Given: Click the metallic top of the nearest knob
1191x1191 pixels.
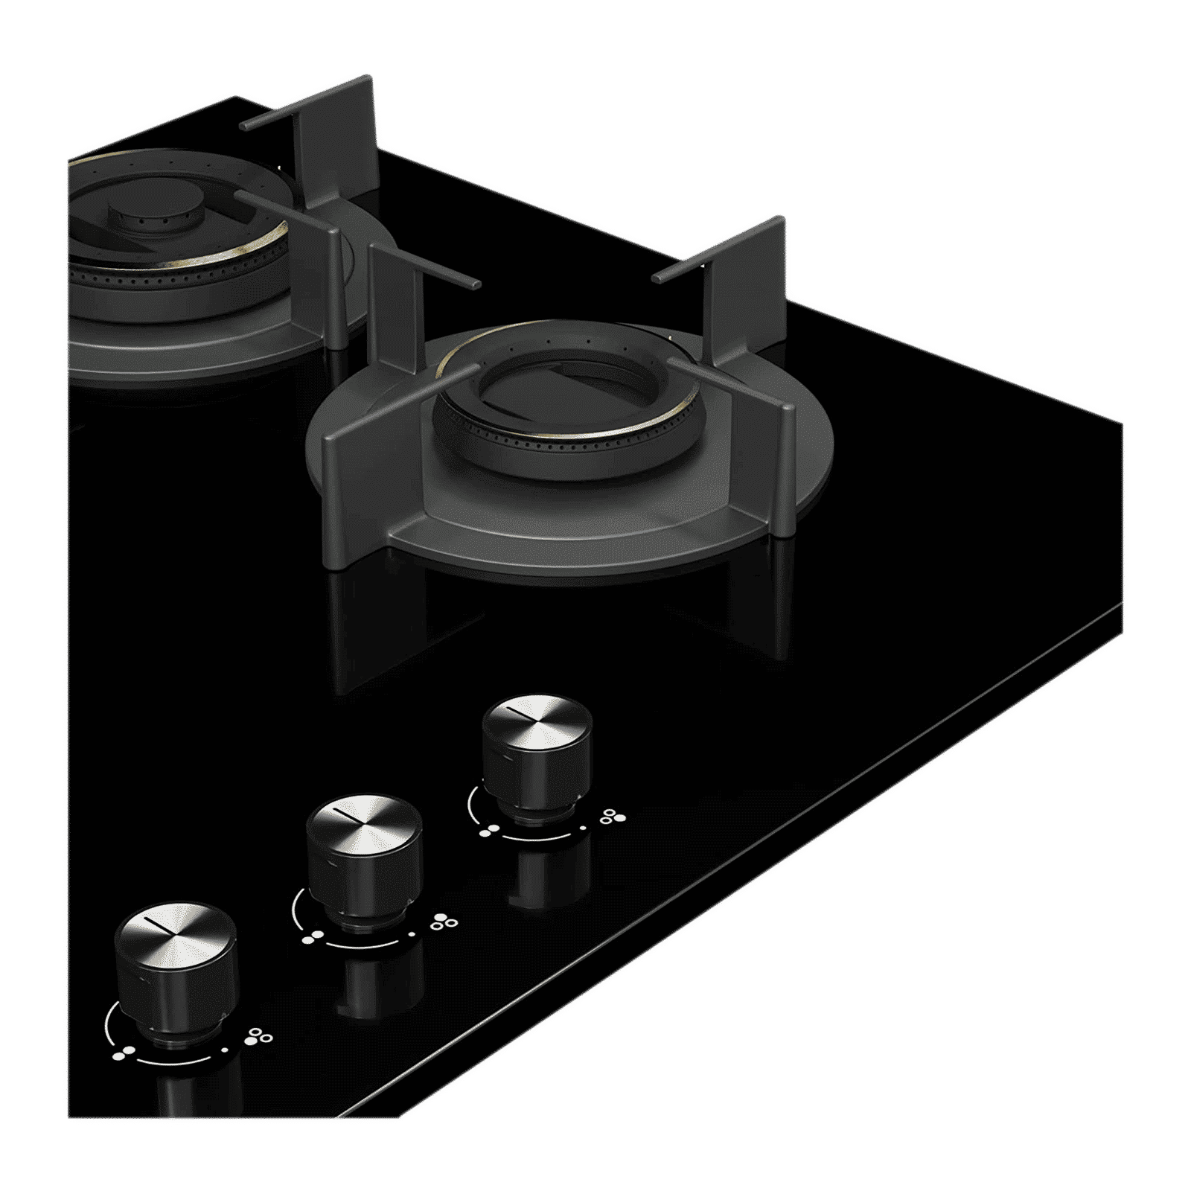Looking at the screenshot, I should pos(176,933).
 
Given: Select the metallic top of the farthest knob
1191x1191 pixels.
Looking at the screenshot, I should pos(537,723).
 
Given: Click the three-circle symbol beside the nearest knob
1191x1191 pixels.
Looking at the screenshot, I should pos(261,1036).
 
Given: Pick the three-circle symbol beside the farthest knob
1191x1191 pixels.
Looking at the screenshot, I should pos(613,817).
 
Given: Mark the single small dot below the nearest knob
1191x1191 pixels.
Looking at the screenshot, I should pos(226,1050).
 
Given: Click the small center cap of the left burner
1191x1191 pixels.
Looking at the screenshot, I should pos(153,217).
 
